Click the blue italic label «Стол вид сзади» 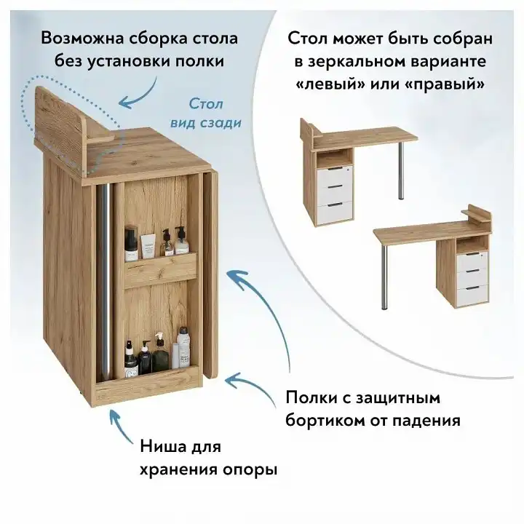[206, 113]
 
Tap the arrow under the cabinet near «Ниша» [121, 428]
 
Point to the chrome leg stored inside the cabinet [105, 282]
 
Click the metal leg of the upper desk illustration [401, 170]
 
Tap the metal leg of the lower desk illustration [385, 277]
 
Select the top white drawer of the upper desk [335, 173]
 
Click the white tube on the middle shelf [148, 246]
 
